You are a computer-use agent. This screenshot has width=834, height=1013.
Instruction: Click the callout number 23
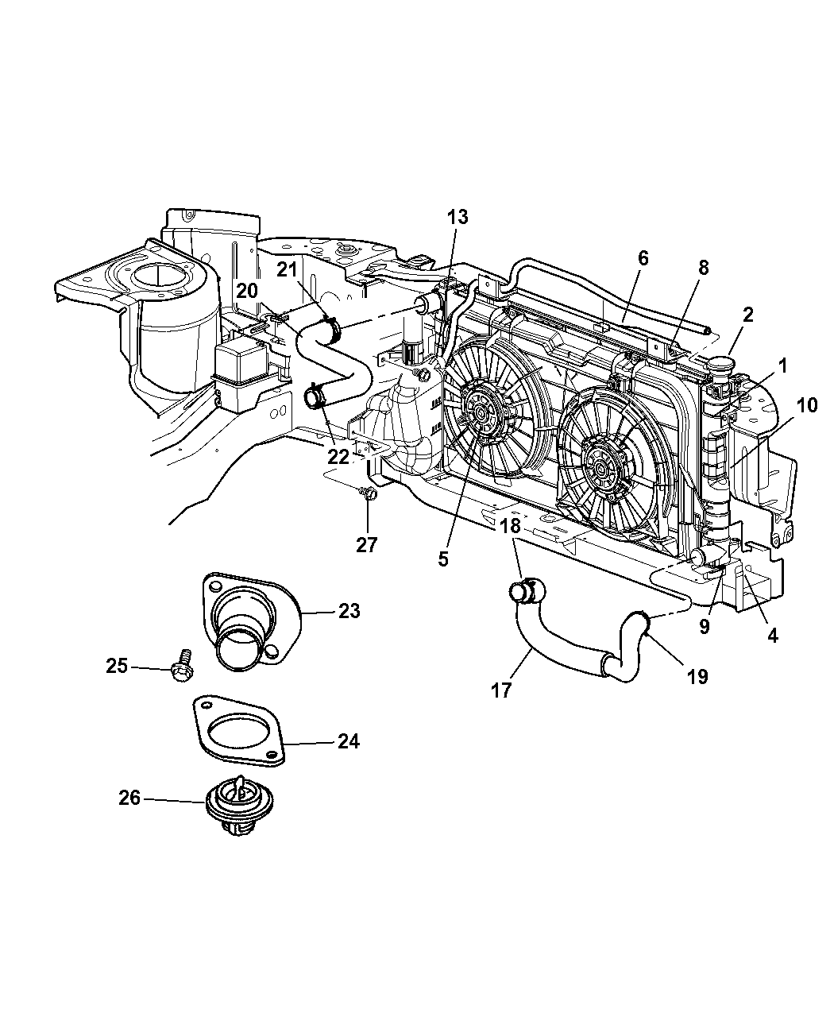pos(348,612)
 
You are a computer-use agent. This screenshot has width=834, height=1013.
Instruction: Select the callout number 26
pos(129,797)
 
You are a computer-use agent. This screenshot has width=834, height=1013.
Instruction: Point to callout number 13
pos(457,217)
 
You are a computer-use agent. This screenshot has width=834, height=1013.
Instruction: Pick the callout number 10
pos(805,406)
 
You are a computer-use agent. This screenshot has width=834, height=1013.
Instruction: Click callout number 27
pos(367,546)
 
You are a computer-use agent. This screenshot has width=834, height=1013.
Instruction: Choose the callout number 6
pos(643,257)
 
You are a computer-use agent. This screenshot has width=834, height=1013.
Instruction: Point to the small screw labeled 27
pos(368,495)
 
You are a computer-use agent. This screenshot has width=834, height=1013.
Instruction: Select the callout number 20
pos(247,291)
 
